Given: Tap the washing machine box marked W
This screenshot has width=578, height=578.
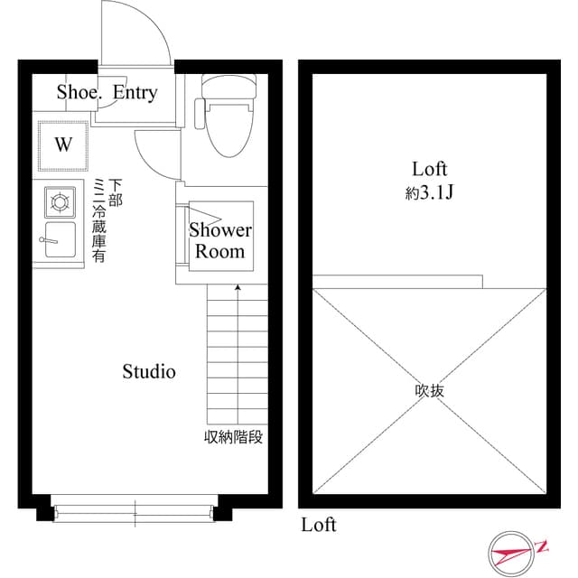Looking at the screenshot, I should (x=63, y=144).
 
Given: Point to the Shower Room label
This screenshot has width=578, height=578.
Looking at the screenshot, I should (x=220, y=240).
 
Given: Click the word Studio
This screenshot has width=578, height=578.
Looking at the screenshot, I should (x=149, y=371).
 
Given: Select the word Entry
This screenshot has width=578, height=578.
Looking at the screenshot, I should (x=135, y=92).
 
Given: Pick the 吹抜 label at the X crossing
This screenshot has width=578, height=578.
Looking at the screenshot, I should (x=430, y=391).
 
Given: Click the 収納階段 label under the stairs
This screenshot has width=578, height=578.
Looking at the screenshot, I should (x=234, y=438).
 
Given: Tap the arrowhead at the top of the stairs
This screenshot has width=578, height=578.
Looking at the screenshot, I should (x=238, y=288).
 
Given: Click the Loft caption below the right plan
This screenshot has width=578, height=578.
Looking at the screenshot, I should (x=319, y=525).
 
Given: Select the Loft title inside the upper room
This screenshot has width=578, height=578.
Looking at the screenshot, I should (x=430, y=169).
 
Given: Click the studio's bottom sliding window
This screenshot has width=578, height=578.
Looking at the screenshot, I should (x=135, y=512).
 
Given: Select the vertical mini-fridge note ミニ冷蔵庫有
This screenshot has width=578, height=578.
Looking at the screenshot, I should (x=99, y=221).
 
